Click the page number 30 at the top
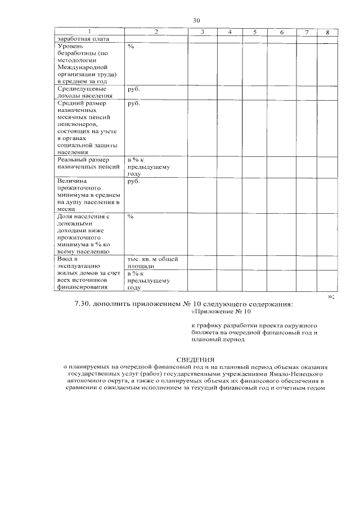tap(196, 20)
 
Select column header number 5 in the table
tap(255, 32)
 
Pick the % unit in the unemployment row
tap(130, 46)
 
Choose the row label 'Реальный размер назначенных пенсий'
tap(88, 164)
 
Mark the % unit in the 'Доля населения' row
tap(130, 216)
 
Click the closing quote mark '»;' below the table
tap(331, 296)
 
